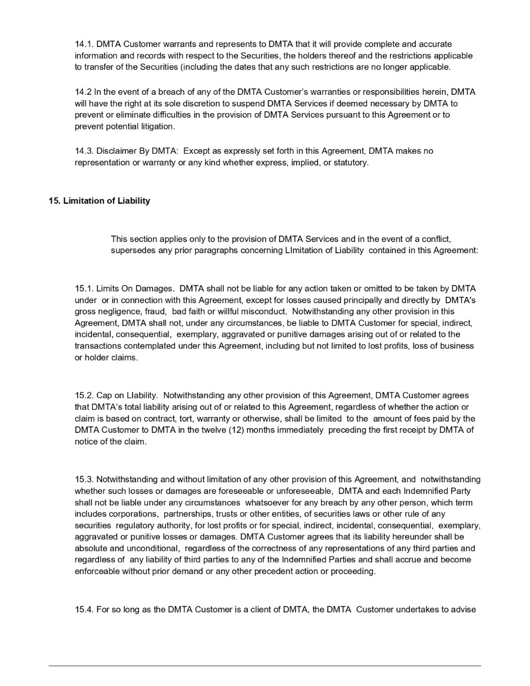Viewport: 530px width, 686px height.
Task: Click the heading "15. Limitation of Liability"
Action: click(x=99, y=201)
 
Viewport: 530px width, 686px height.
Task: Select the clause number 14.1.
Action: click(x=84, y=44)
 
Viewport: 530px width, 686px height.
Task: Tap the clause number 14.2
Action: click(x=83, y=93)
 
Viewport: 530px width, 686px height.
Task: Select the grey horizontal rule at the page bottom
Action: click(x=264, y=665)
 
